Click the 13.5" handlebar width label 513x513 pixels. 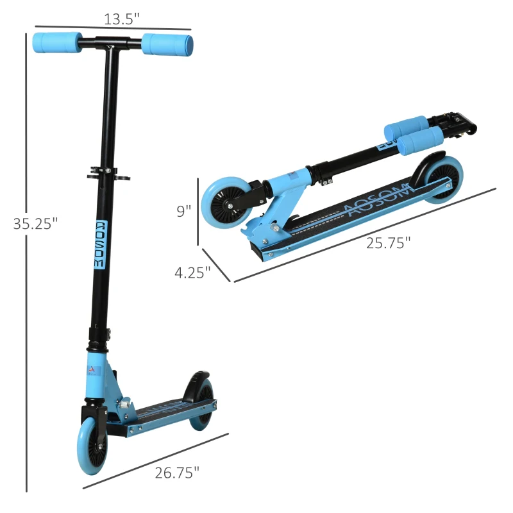point(121,19)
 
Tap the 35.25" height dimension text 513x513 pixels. point(35,224)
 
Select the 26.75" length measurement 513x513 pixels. point(177,473)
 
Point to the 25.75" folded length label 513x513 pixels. point(388,243)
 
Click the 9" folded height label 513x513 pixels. point(183,211)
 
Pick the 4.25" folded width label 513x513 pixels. point(192,273)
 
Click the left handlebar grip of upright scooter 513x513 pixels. point(57,42)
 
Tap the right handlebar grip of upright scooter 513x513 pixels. point(167,45)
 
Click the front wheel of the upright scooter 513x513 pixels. point(92,445)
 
